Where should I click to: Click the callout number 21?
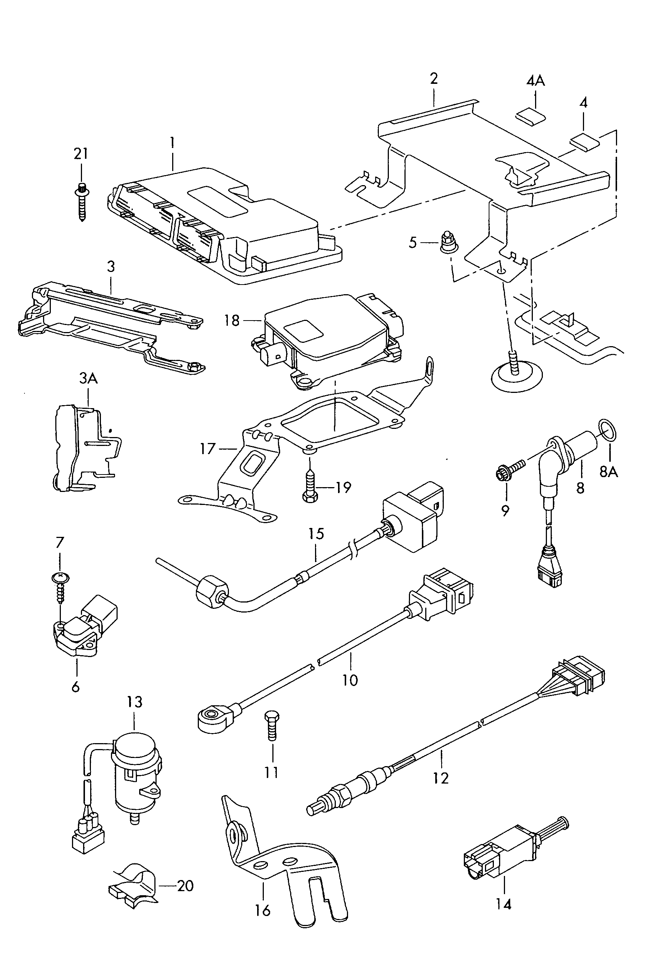(x=81, y=154)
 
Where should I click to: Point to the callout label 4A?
(x=536, y=81)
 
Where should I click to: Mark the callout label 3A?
(x=88, y=378)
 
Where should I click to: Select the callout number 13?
(x=135, y=702)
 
